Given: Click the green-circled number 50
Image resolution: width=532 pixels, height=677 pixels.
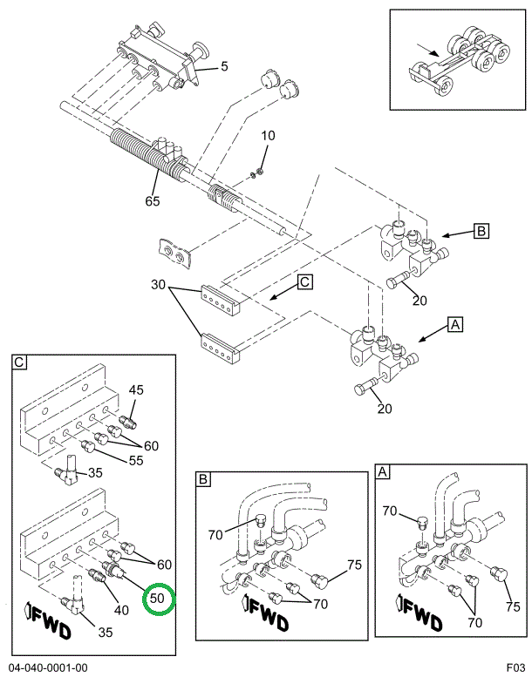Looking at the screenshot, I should [x=157, y=599].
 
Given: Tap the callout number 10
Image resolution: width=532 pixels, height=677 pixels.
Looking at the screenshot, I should [x=268, y=135].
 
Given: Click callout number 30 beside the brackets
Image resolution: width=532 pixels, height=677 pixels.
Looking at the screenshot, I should [x=158, y=285].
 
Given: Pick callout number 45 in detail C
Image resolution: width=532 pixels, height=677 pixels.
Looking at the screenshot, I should [x=136, y=389].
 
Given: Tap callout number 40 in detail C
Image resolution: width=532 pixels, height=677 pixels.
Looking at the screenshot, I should [x=121, y=609].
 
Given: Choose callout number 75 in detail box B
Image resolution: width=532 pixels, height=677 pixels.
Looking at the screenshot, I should [x=353, y=565].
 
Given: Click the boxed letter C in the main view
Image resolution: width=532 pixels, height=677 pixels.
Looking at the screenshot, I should [x=304, y=281].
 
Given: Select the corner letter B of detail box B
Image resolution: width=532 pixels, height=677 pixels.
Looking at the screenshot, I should [x=203, y=479].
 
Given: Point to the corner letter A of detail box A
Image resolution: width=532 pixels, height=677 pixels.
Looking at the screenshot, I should [x=382, y=472].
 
